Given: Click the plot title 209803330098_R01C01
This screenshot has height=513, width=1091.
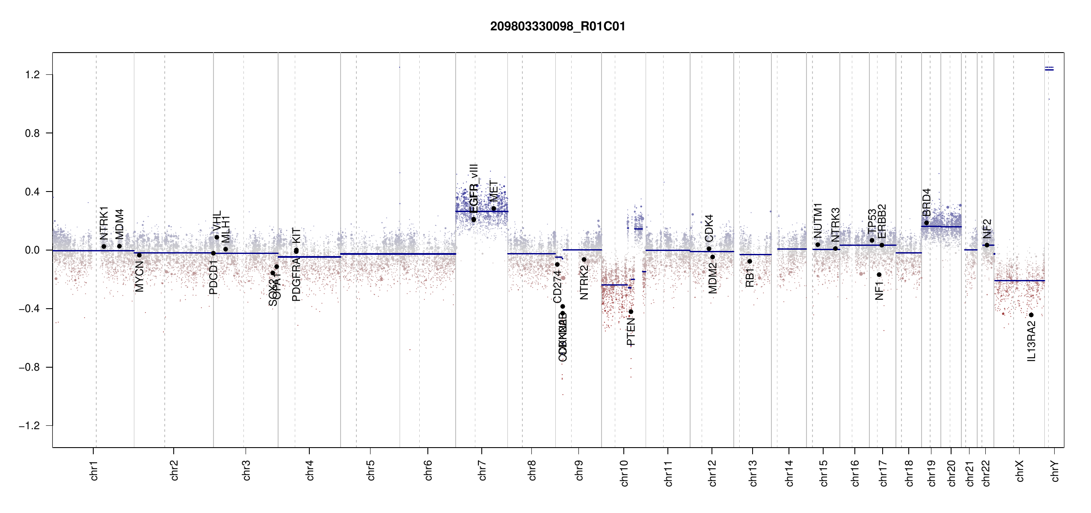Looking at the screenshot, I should click(557, 27).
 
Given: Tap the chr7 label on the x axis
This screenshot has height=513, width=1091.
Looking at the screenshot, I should click(482, 470).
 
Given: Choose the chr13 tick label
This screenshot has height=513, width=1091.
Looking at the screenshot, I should click(753, 473).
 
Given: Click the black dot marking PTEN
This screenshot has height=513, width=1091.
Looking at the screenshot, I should click(631, 312).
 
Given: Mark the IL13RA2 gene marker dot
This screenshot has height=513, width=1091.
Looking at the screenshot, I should click(1031, 315).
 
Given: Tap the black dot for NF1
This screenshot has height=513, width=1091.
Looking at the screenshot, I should click(879, 274).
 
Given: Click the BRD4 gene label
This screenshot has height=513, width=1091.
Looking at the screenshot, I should click(926, 203).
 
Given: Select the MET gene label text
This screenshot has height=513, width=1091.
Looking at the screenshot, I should click(494, 191).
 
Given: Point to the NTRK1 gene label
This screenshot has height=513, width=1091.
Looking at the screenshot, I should click(104, 223).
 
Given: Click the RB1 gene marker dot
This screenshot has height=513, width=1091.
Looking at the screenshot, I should click(750, 261).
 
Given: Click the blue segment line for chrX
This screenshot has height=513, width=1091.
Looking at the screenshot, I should click(1019, 280).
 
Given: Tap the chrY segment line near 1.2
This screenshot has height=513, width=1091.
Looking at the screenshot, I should click(1049, 70).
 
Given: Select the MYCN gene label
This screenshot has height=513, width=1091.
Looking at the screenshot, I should click(139, 277).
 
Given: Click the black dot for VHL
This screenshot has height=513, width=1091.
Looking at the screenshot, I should click(217, 237).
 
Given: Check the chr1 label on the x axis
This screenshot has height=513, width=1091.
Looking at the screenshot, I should click(94, 470).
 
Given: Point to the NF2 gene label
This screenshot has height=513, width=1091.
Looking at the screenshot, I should click(987, 229).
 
